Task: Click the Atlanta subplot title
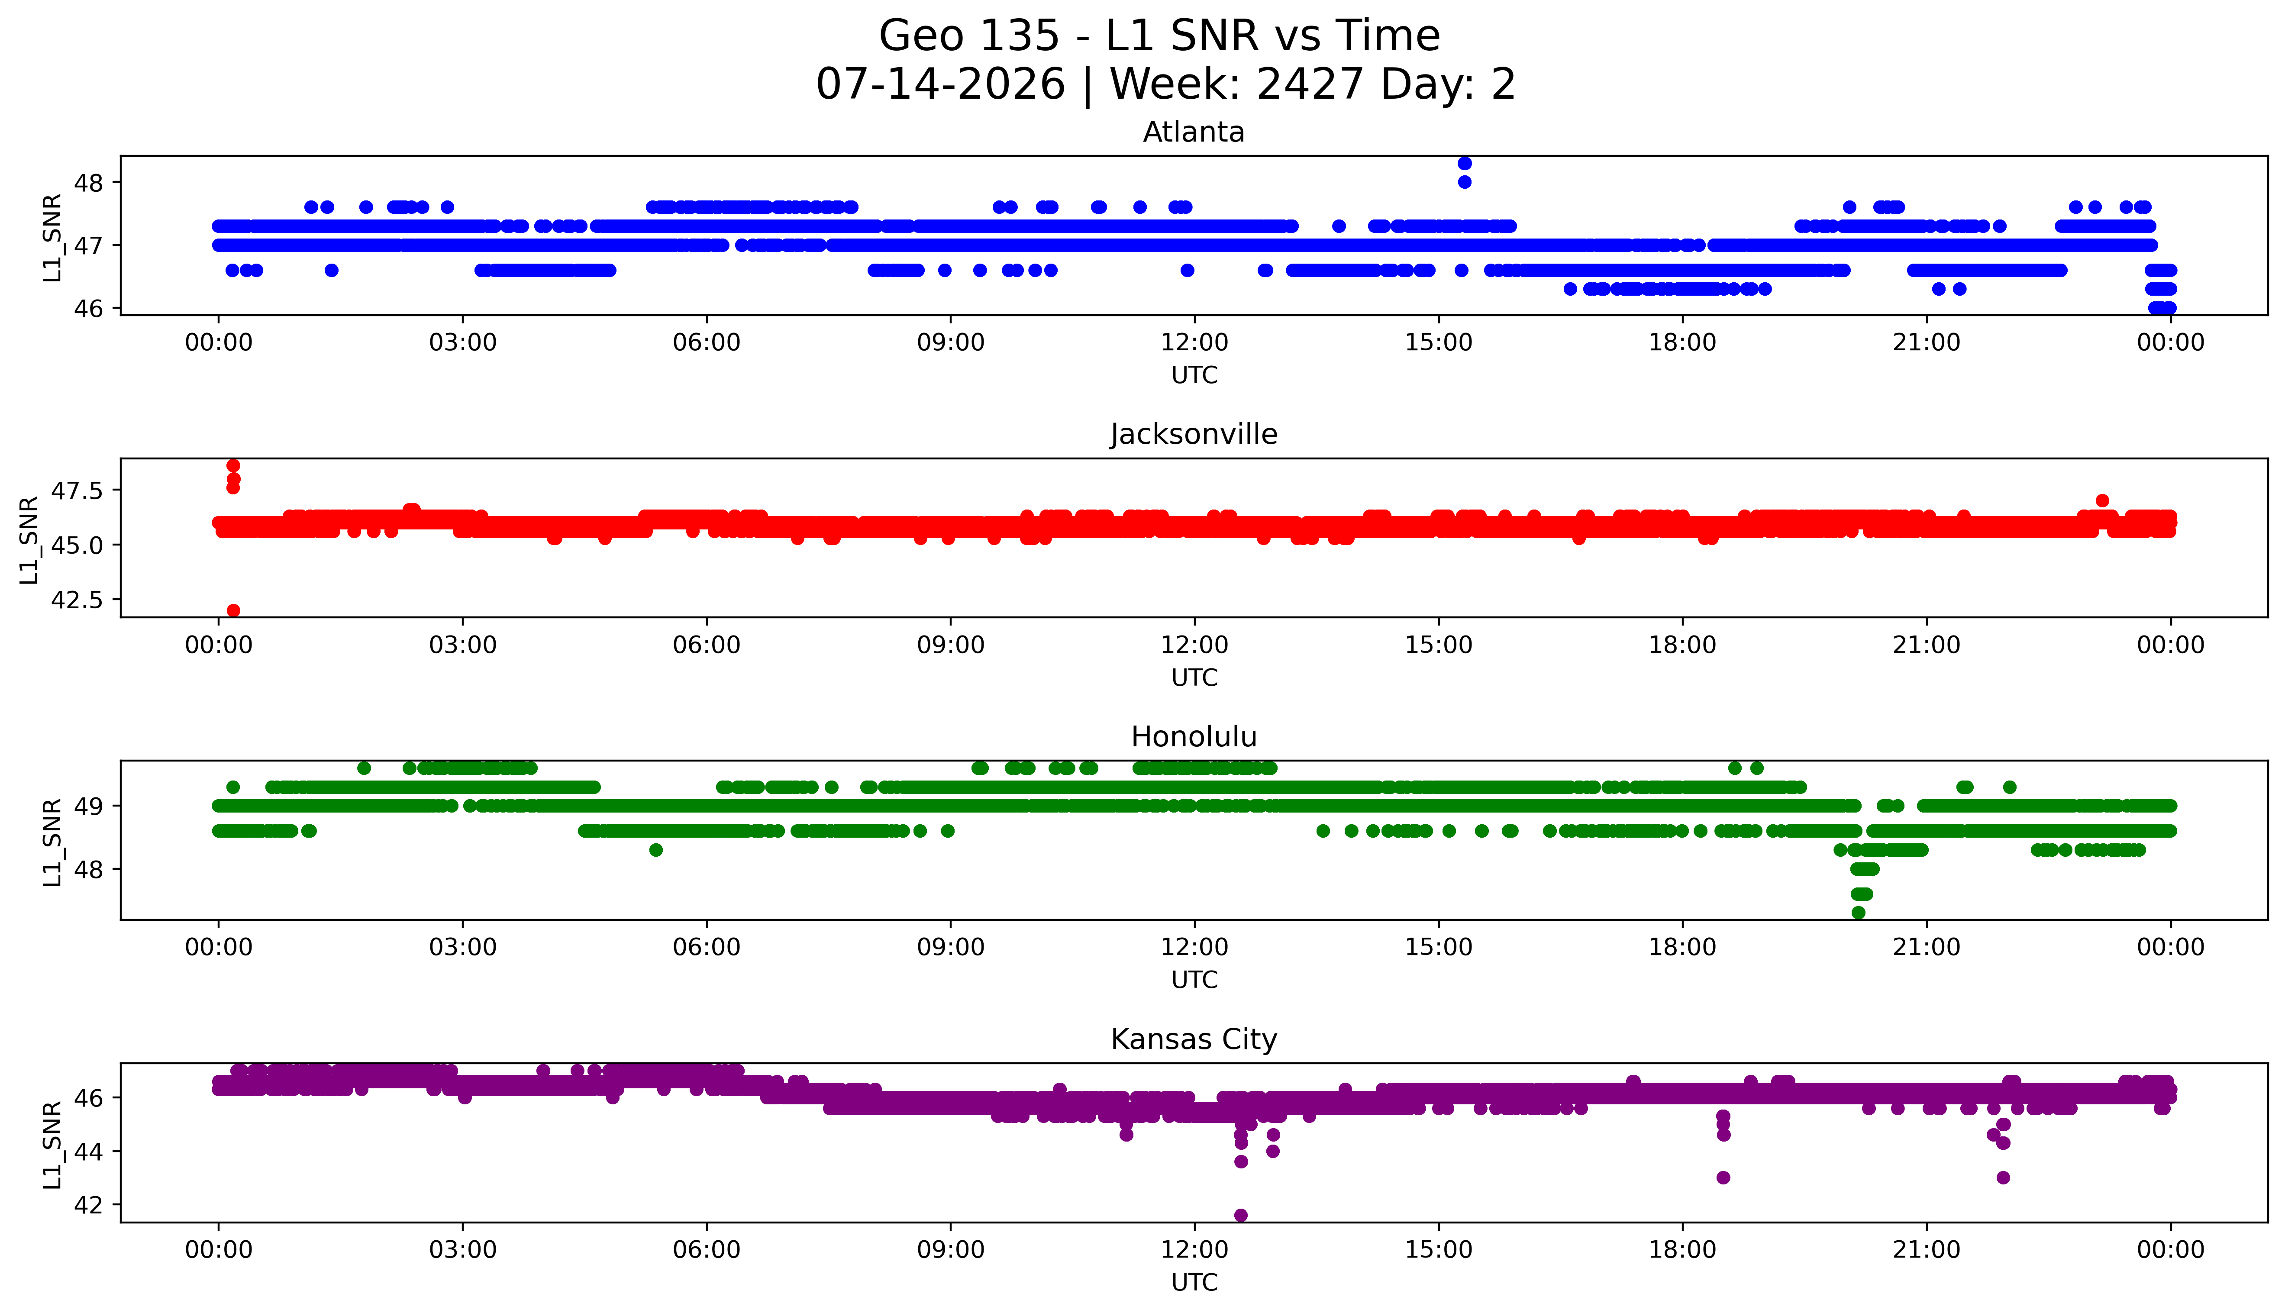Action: click(1194, 132)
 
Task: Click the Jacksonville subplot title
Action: click(1194, 435)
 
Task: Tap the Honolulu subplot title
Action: click(1194, 737)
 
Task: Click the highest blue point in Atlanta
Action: click(1465, 163)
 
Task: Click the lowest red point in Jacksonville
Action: click(233, 610)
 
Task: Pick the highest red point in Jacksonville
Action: click(233, 465)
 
